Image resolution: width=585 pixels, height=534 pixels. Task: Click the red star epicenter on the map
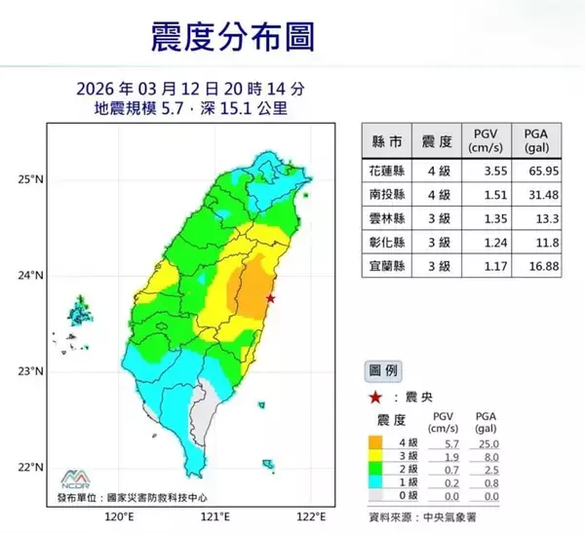270,298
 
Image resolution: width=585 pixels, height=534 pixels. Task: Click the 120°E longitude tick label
118,516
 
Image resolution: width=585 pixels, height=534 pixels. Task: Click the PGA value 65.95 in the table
535,171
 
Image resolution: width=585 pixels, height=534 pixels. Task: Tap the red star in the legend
374,397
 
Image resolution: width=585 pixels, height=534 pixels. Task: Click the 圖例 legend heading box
382,371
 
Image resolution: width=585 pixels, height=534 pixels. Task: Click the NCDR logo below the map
75,477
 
